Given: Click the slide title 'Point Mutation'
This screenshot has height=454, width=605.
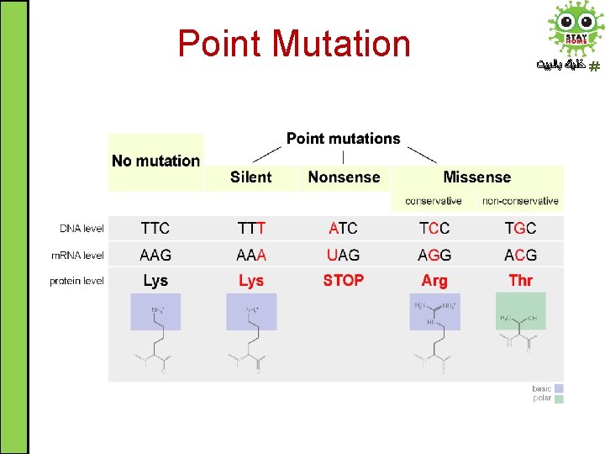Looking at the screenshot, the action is (x=294, y=44).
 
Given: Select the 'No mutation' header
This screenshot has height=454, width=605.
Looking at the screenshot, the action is (x=155, y=161).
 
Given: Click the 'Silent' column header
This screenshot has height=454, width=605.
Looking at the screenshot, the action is (x=250, y=177).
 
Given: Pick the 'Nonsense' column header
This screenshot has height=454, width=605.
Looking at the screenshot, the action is (x=344, y=177).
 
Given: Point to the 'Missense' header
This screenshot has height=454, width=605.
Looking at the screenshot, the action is (x=476, y=177).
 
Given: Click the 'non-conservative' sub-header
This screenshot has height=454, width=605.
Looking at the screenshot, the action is (x=520, y=201).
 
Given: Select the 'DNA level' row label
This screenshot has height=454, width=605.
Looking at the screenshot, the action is (x=82, y=229).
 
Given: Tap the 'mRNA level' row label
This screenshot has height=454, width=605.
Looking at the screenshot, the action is (x=77, y=255).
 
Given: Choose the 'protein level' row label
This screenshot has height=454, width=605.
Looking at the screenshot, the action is (x=76, y=281).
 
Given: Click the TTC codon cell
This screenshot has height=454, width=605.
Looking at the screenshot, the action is (x=155, y=229).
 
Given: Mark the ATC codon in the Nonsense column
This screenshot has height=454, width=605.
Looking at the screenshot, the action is (x=343, y=229).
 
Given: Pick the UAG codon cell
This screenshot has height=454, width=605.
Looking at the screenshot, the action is (x=343, y=255).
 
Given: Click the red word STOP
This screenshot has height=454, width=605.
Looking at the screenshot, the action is (x=343, y=281).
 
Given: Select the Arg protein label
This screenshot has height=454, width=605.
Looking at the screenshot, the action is (x=434, y=281).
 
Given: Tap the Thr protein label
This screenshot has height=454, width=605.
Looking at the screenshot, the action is (x=520, y=281).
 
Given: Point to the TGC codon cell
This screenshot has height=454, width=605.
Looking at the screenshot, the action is (x=520, y=229).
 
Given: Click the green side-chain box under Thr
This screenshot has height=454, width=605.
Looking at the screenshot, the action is (x=520, y=311).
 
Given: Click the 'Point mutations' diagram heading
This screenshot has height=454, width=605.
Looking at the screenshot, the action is (x=343, y=139).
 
